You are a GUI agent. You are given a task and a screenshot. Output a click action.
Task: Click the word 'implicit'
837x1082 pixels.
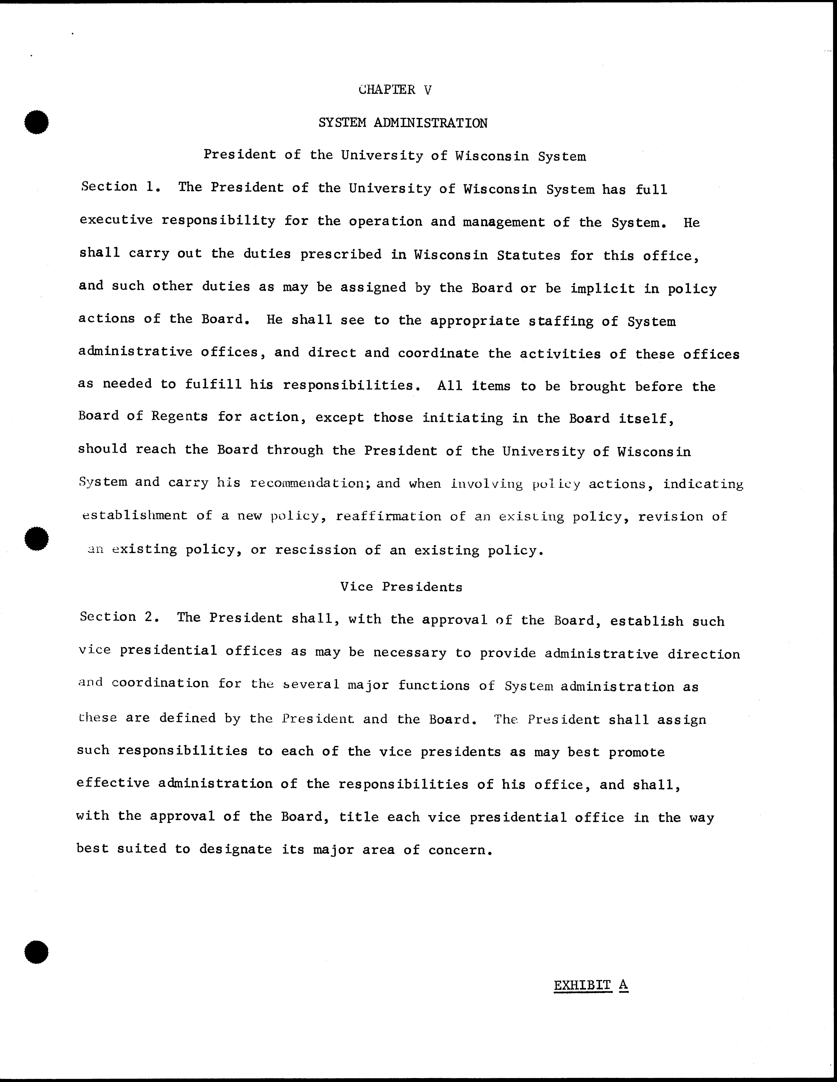602,289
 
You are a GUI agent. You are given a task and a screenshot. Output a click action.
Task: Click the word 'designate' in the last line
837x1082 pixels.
235,850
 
